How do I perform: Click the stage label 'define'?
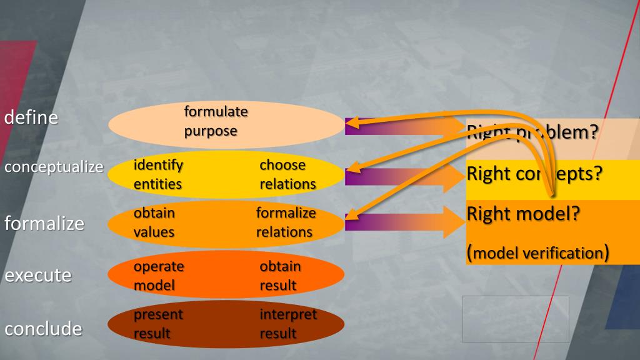tap(31, 117)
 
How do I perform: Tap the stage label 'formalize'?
tap(44, 222)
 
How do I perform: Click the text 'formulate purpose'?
tap(216, 121)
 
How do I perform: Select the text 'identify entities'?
tap(158, 174)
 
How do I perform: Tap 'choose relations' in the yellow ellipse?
tap(287, 174)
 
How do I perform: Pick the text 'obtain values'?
tap(154, 222)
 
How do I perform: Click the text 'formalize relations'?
tap(286, 222)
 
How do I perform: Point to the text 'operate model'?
tap(159, 276)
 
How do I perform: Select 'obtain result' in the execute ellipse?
tap(280, 276)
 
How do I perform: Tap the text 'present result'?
tap(158, 324)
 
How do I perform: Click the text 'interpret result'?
tap(288, 324)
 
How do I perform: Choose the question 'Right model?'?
tap(524, 213)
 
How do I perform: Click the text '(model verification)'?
tap(537, 252)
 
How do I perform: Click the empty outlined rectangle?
tap(516, 319)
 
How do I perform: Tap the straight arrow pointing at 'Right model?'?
tap(406, 222)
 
